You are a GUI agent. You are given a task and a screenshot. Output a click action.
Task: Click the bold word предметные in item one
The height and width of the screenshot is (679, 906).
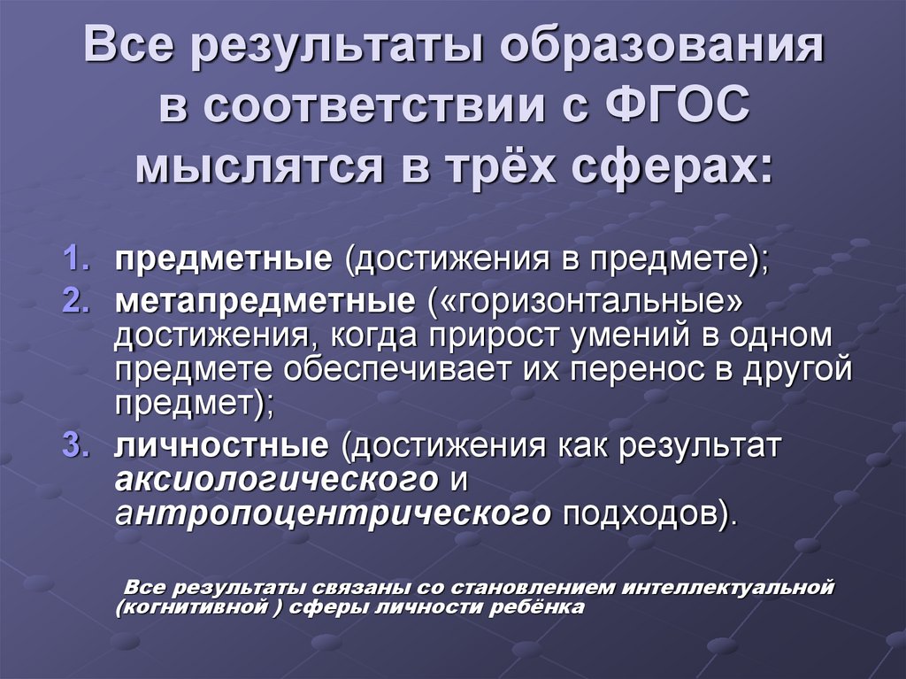coord(222,261)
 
